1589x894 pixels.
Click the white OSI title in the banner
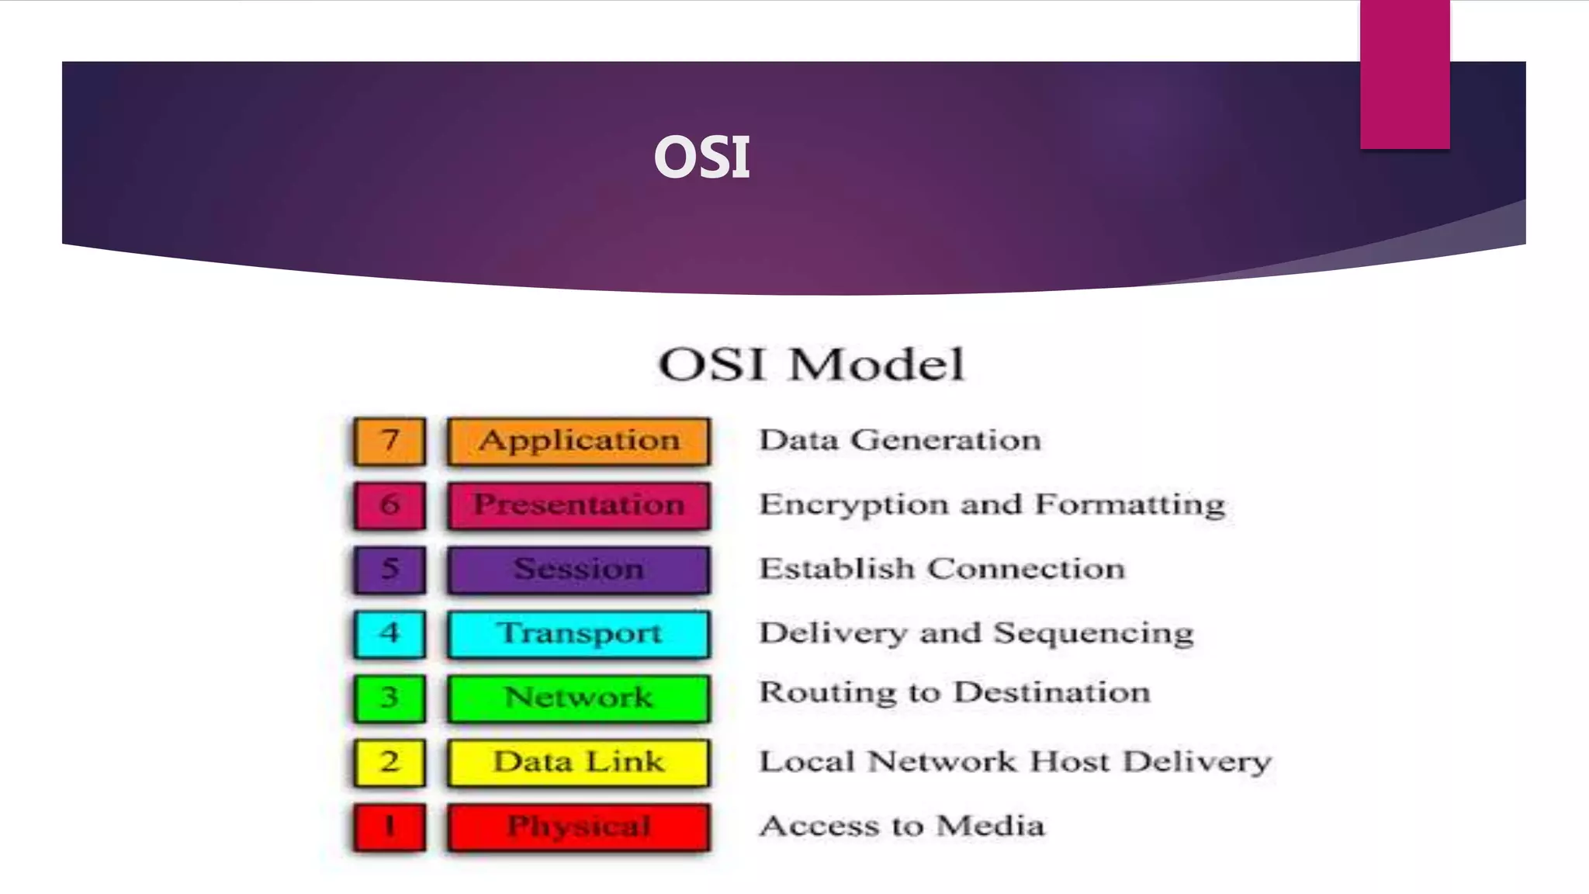pyautogui.click(x=702, y=158)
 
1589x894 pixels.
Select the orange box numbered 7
pyautogui.click(x=389, y=442)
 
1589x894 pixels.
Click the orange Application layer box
pyautogui.click(x=579, y=442)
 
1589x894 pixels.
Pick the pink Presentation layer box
pyautogui.click(x=579, y=506)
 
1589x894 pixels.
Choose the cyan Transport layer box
pyautogui.click(x=579, y=634)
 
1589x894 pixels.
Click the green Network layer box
pyautogui.click(x=579, y=698)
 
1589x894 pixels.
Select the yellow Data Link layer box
pyautogui.click(x=579, y=763)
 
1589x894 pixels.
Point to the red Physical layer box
pyautogui.click(x=579, y=827)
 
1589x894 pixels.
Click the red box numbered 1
pyautogui.click(x=389, y=827)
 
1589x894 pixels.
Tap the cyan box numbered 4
pyautogui.click(x=389, y=634)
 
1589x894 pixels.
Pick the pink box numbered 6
pyautogui.click(x=389, y=506)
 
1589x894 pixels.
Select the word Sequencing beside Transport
pyautogui.click(x=1093, y=634)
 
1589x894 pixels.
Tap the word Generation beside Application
pyautogui.click(x=946, y=441)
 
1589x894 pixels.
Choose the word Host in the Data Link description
pyautogui.click(x=1070, y=761)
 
